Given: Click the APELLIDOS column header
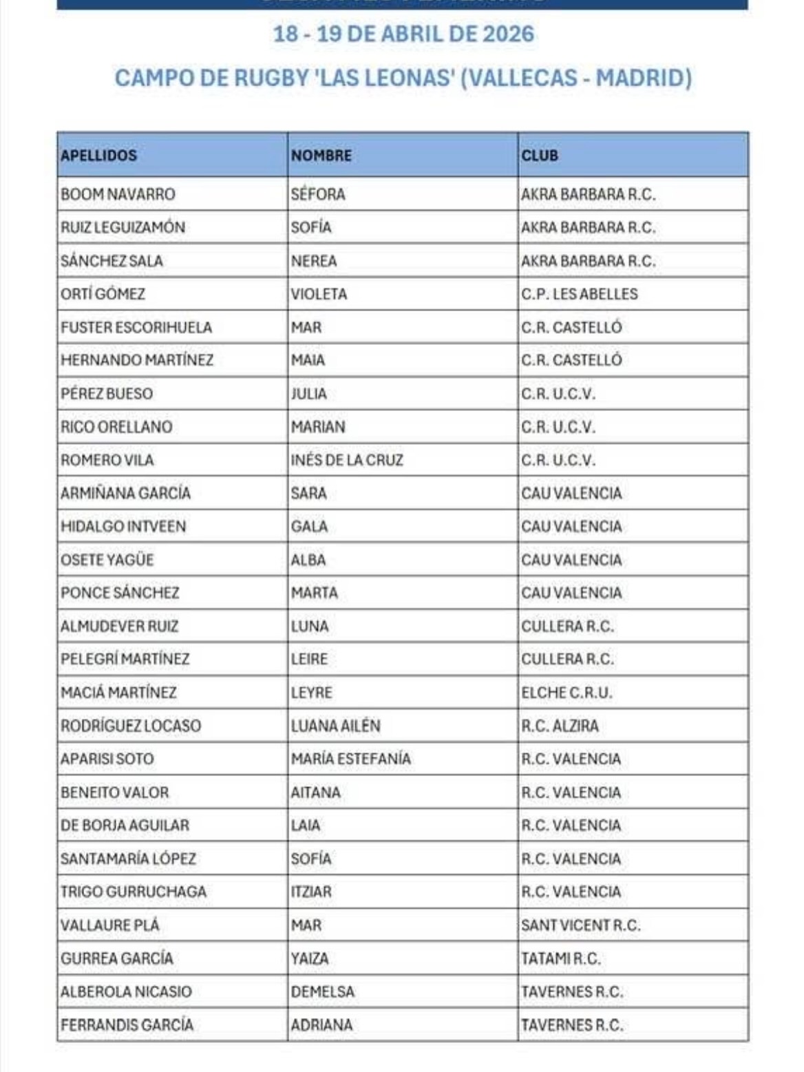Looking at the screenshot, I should (x=99, y=156).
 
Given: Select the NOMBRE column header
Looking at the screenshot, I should (x=321, y=156).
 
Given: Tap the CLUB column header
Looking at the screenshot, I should (x=540, y=156).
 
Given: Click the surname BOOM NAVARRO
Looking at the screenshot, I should (x=118, y=194).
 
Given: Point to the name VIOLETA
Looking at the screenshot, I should (x=319, y=294).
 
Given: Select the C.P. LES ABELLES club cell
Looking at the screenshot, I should (x=579, y=294).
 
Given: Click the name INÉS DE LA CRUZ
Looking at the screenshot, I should (x=347, y=460).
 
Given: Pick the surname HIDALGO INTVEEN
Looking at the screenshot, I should (x=123, y=527).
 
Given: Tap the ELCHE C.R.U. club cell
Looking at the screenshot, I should (x=566, y=693).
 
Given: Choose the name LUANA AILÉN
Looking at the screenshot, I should (x=335, y=726).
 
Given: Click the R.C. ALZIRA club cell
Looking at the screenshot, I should (x=560, y=726).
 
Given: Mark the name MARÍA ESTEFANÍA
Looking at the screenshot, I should (x=350, y=759).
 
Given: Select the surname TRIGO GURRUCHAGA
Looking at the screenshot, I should (x=134, y=892).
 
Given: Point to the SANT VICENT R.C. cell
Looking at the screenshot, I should (x=580, y=925).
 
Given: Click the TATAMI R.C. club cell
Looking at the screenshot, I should (x=560, y=958).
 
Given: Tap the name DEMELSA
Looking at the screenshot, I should (x=322, y=991).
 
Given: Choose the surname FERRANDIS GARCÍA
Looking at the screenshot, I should (x=127, y=1025).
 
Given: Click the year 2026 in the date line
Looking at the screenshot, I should (x=508, y=34).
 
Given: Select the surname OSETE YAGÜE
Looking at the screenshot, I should (x=107, y=560).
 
